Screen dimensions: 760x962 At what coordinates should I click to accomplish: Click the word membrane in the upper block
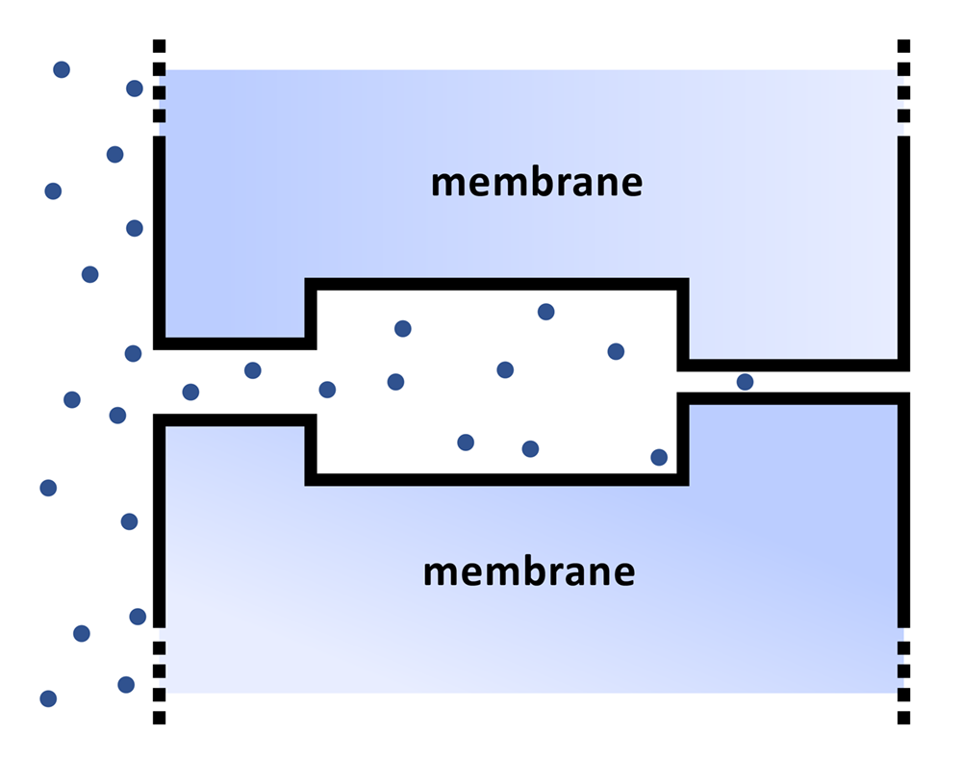tap(536, 181)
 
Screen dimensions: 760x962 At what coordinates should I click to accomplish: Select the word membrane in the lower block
tap(529, 571)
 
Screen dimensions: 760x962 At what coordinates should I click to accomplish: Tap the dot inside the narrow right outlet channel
tap(745, 382)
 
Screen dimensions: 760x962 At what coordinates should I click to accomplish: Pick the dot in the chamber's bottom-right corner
tap(659, 457)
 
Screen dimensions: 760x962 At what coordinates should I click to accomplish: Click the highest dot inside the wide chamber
tap(545, 312)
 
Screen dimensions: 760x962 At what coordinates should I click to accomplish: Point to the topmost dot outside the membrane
tap(62, 69)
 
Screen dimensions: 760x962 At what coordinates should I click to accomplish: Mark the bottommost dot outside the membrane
tap(48, 698)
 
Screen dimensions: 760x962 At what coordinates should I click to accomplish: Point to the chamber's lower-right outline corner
tap(683, 479)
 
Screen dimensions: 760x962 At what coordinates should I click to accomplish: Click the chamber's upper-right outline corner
tap(683, 285)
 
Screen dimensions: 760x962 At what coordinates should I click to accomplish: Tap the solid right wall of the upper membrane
tap(903, 250)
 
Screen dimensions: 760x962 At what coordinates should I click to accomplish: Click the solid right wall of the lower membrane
tap(903, 510)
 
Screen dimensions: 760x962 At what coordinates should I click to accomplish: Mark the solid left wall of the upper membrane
tap(160, 241)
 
